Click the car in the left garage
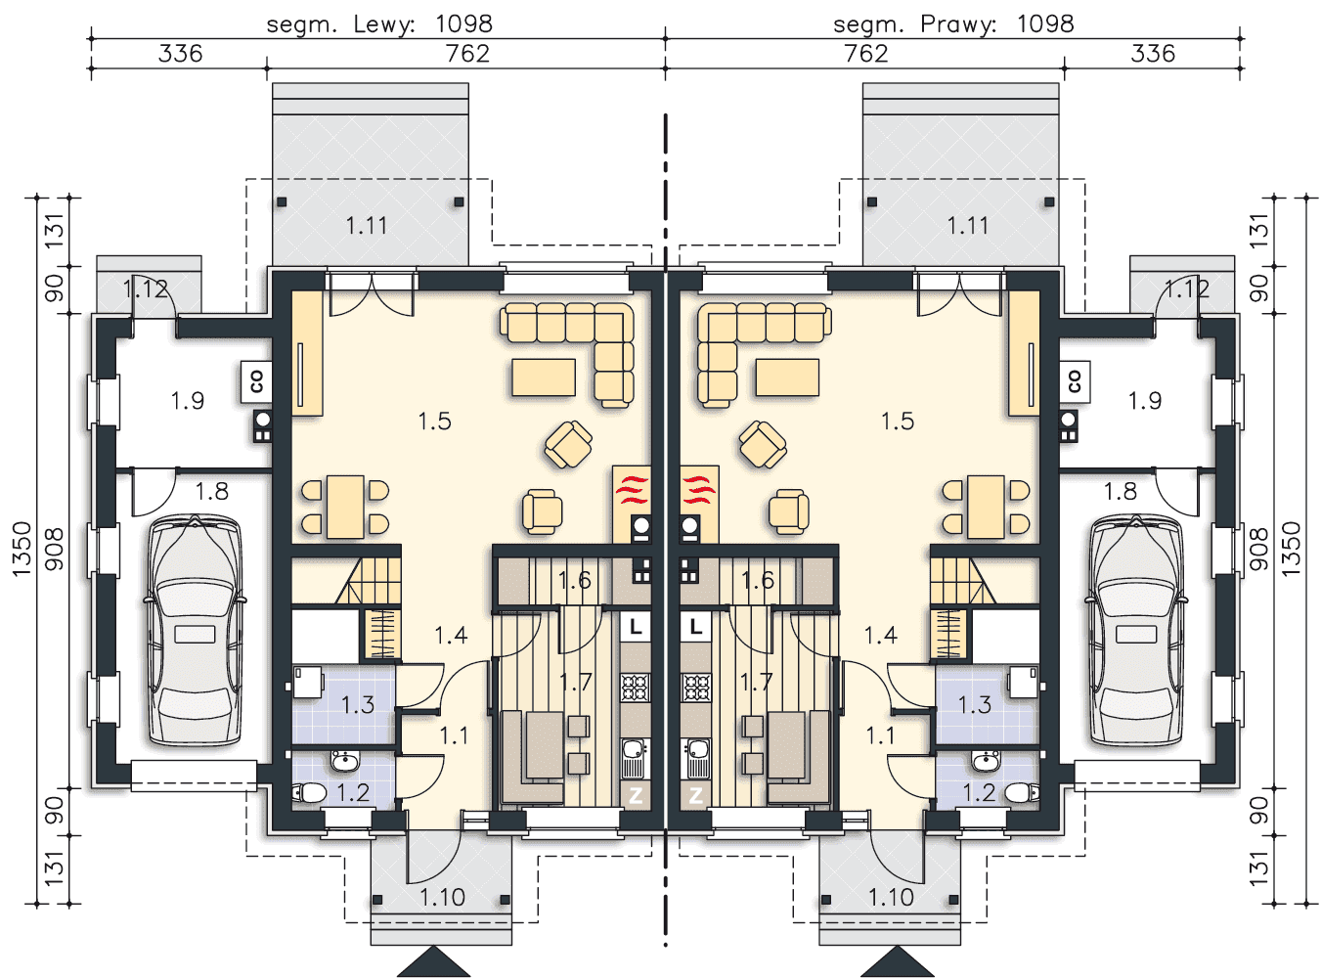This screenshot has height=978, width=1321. [195, 631]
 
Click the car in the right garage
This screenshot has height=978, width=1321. [1137, 631]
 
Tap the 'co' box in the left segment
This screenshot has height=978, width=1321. [256, 380]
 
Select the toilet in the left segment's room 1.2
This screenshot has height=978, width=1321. [309, 793]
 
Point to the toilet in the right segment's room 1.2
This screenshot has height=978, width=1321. [1022, 793]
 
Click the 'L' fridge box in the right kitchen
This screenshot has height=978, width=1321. [695, 626]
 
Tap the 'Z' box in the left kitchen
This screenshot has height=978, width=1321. [636, 795]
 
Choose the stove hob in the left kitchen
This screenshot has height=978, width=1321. [635, 688]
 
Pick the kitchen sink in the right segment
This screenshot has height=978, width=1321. [695, 759]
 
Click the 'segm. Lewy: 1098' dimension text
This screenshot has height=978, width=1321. [379, 24]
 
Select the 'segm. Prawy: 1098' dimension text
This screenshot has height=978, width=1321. [953, 24]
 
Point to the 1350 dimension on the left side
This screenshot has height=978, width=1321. [22, 549]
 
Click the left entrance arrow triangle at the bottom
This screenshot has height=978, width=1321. [433, 961]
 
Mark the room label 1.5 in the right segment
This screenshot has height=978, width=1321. [898, 422]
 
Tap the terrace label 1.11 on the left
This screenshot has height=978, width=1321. [367, 226]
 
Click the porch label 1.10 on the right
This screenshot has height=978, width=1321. [891, 898]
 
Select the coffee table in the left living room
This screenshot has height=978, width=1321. [544, 378]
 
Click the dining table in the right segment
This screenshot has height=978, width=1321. [986, 507]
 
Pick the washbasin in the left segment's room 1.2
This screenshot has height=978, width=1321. [344, 760]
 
